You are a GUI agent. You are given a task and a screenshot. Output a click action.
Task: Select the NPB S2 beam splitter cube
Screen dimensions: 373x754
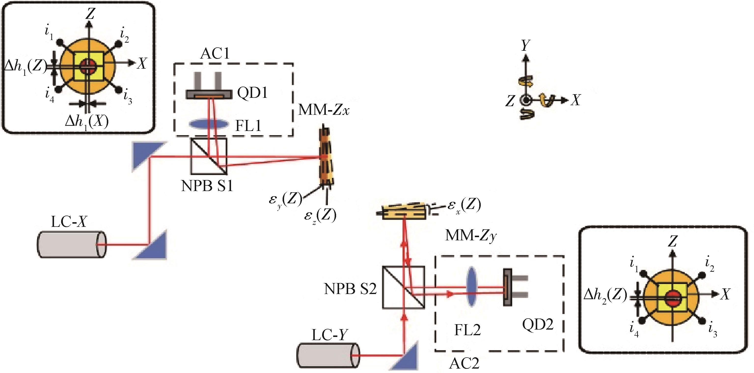click(x=403, y=287)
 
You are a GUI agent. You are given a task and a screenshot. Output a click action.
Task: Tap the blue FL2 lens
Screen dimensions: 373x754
click(x=471, y=286)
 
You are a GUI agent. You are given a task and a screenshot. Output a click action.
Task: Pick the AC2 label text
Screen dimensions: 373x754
click(x=465, y=363)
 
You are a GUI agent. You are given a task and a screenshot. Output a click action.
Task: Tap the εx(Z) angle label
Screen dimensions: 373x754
click(x=464, y=206)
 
